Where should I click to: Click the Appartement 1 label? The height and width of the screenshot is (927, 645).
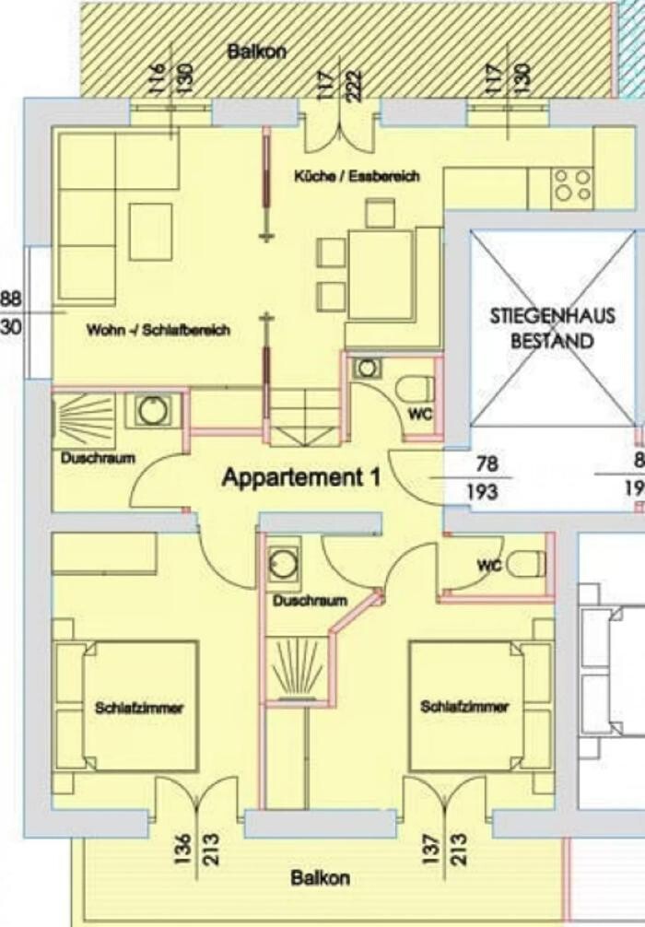pos(301,477)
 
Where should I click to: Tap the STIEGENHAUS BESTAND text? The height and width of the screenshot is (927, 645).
pos(552,328)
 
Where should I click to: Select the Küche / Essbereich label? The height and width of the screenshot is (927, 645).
pos(357,176)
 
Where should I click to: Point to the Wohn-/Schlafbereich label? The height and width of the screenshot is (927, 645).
pos(158,330)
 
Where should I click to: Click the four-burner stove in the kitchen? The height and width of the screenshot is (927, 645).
pos(571,185)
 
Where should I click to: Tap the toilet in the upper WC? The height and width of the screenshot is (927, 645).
pos(415,390)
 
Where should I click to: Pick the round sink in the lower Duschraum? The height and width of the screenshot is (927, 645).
pos(284,563)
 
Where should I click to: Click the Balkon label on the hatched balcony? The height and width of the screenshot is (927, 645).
pos(256,52)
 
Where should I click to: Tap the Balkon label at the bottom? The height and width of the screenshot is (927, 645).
pos(320,878)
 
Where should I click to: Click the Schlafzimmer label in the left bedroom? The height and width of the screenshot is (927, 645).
pos(139,708)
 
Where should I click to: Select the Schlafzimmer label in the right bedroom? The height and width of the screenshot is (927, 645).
pos(464,707)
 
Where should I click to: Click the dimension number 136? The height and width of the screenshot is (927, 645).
pos(183,850)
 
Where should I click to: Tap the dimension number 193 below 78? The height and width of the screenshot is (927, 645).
pos(483,492)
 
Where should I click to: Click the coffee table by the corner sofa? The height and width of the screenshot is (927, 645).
pos(151,232)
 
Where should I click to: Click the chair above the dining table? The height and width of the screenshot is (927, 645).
pos(381,214)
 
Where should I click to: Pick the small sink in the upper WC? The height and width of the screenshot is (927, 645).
pos(367,369)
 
